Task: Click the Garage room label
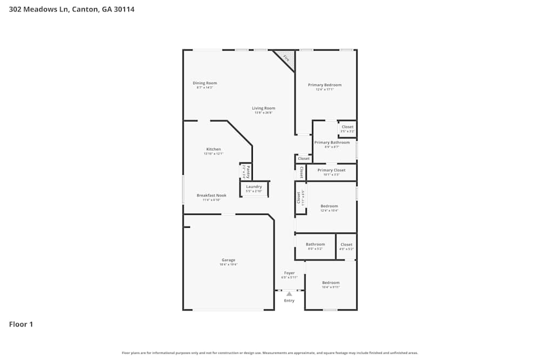click(x=227, y=260)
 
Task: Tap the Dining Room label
click(x=205, y=83)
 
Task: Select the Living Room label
click(x=264, y=108)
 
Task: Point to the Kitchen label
click(x=213, y=150)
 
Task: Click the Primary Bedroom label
click(x=325, y=85)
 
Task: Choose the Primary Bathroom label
click(x=332, y=142)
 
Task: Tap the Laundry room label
click(x=254, y=187)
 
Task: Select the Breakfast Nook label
click(x=211, y=195)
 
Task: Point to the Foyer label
click(x=289, y=273)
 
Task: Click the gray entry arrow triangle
click(x=289, y=294)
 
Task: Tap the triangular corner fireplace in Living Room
click(x=286, y=58)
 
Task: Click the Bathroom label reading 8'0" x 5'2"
click(x=315, y=244)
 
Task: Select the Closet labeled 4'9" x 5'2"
click(x=346, y=244)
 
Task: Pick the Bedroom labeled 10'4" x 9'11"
click(x=330, y=283)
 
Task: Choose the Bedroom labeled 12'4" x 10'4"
click(x=329, y=206)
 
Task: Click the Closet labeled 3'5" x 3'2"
click(x=347, y=127)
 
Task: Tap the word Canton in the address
click(x=84, y=9)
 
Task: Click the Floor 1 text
click(x=21, y=324)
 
